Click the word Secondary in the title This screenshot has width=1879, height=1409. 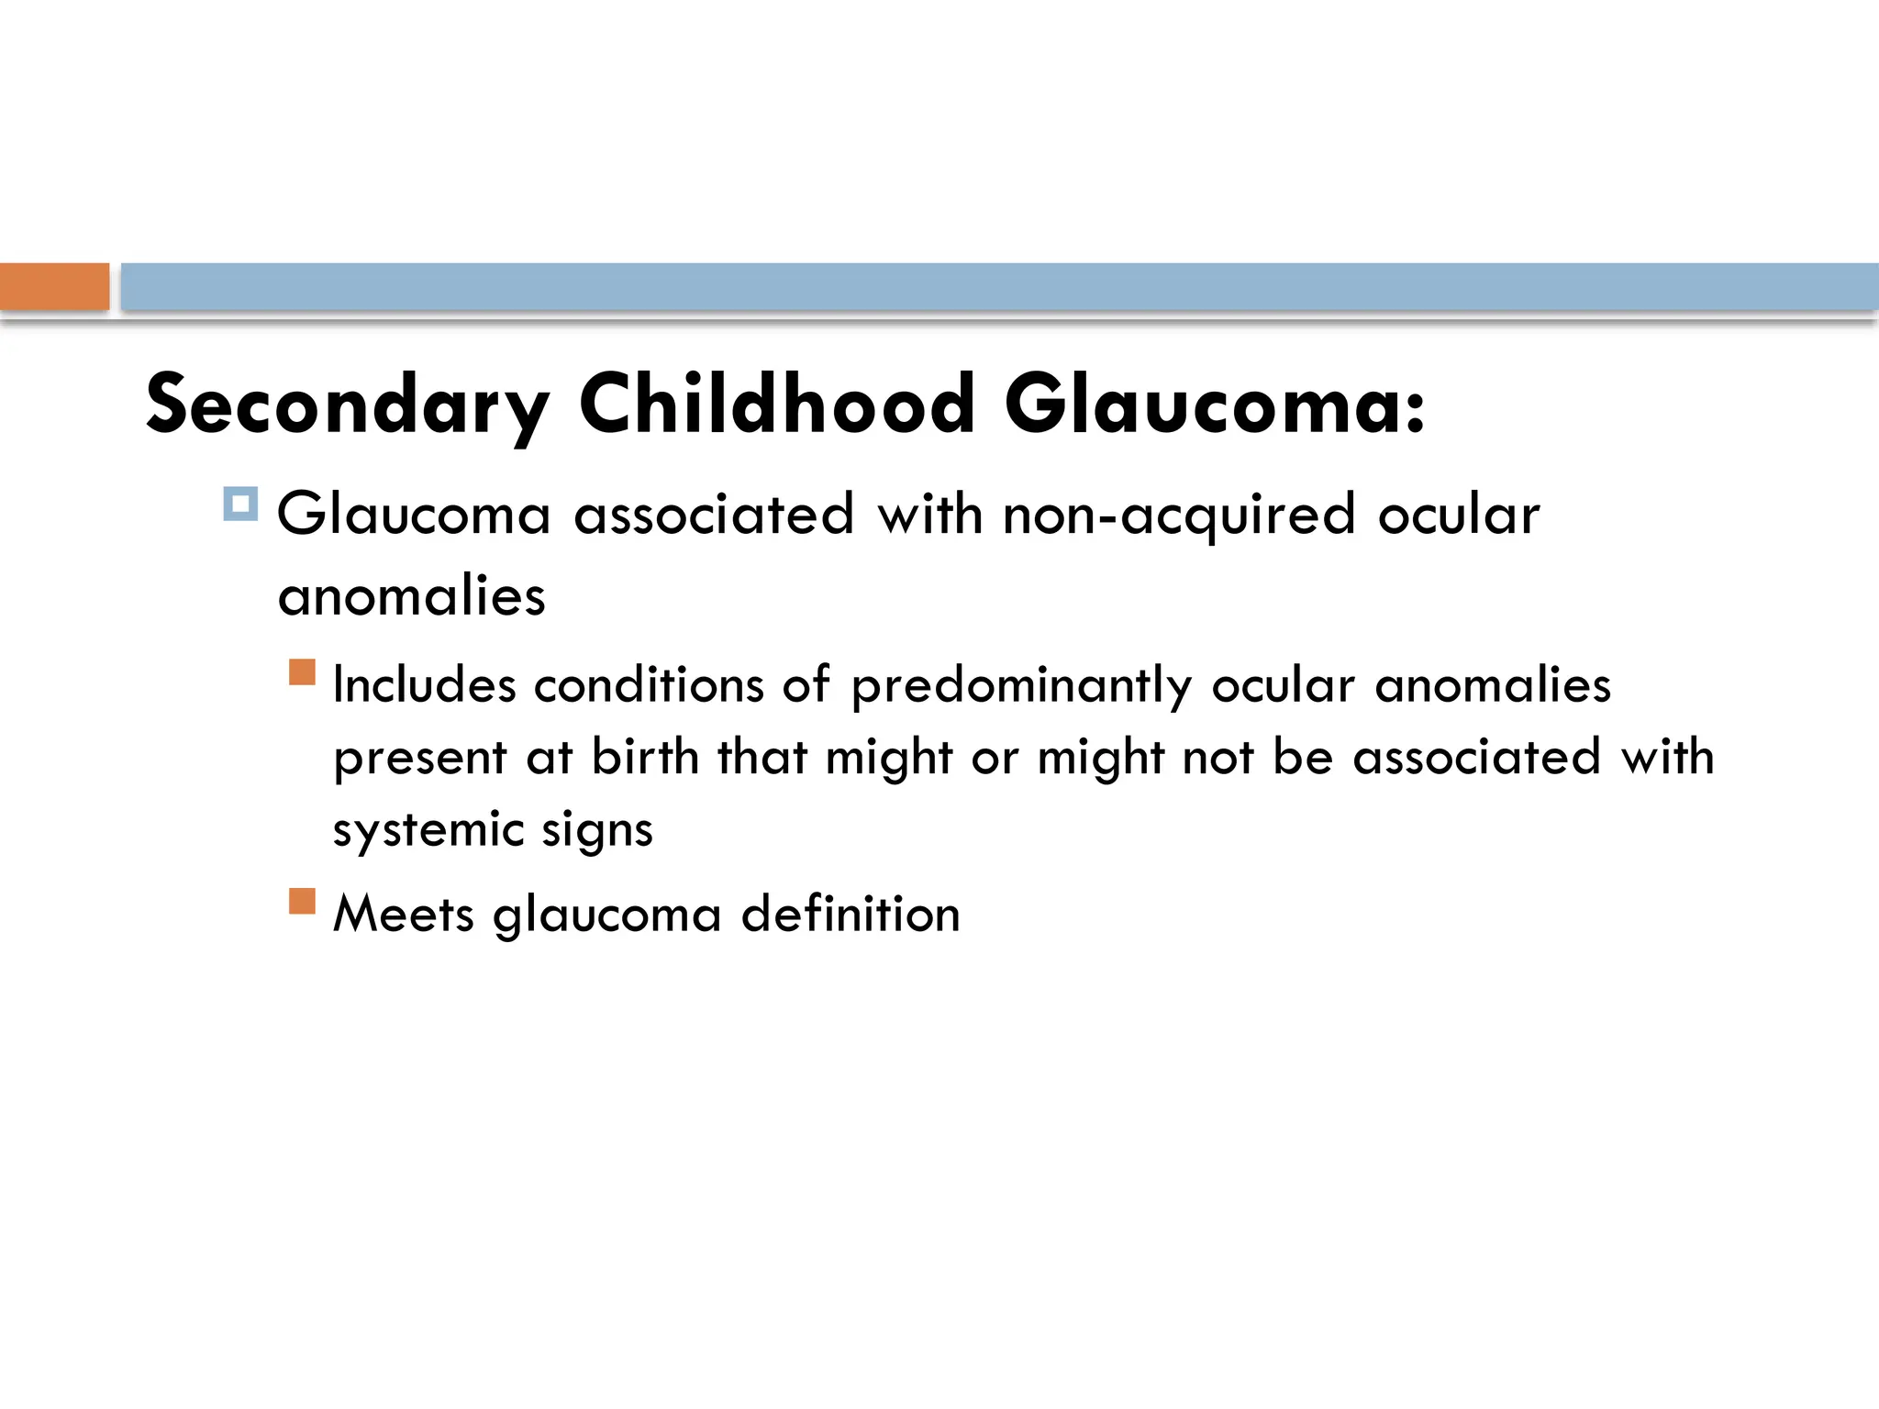[x=348, y=405]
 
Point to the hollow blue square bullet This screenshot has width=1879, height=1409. [x=240, y=504]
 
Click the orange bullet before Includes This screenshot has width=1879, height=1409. [x=302, y=672]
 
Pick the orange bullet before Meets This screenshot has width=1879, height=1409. [x=302, y=901]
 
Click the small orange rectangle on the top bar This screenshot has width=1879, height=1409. [x=54, y=286]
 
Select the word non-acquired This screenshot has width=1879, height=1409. [x=1179, y=516]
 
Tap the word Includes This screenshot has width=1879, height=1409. [x=425, y=685]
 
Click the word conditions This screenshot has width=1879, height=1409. [x=649, y=685]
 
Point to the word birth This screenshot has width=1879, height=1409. [x=645, y=758]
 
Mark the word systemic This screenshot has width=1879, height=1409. [x=428, y=831]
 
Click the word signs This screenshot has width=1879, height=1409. [x=597, y=831]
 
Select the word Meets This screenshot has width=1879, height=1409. [x=404, y=914]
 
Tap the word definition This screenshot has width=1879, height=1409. [x=851, y=914]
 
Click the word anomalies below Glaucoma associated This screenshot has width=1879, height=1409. [x=412, y=596]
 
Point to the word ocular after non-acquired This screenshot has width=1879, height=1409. [x=1459, y=516]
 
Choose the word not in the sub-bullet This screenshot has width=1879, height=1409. [x=1217, y=758]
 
